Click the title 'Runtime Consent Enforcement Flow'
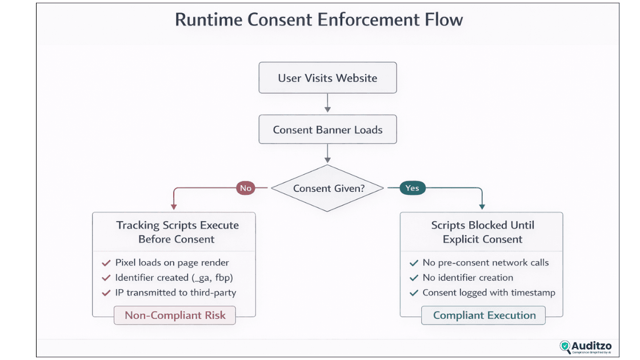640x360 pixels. pos(319,19)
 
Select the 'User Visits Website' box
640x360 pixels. pos(327,78)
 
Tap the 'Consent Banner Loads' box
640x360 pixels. pos(327,130)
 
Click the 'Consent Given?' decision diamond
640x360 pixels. pos(328,188)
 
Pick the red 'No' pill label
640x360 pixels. pos(245,188)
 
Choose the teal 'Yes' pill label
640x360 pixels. pos(412,188)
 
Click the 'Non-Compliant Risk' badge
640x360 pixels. pos(175,315)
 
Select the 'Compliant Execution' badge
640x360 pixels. pos(484,315)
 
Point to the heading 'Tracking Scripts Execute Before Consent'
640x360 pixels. pos(177,232)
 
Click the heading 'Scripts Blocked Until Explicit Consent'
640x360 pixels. pos(482,232)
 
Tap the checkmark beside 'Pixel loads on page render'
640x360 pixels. pos(106,263)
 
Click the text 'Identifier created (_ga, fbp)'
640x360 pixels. pos(174,278)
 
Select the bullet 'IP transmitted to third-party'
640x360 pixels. pos(175,293)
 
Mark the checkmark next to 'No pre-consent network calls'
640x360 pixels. pos(414,263)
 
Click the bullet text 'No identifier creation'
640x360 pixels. pos(467,278)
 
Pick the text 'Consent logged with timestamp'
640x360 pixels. pos(489,293)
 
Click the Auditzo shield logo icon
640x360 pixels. pos(565,346)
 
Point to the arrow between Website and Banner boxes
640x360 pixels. pos(327,103)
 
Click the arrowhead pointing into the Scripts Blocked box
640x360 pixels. pos(482,207)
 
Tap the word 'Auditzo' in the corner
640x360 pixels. pos(591,346)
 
